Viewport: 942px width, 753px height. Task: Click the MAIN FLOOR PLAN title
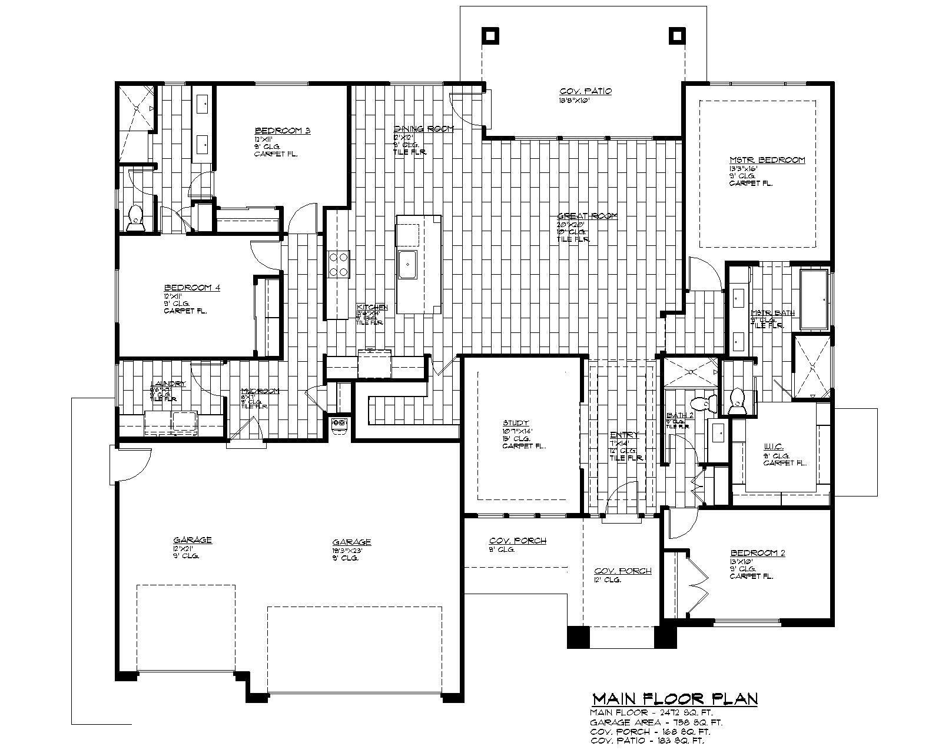[x=674, y=698]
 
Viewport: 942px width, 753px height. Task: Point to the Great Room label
[x=587, y=216]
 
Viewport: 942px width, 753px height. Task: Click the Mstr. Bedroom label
[x=767, y=159]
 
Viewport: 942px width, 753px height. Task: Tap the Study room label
[x=516, y=423]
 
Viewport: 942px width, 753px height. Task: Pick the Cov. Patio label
[x=585, y=91]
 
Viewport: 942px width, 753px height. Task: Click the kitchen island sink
[x=407, y=264]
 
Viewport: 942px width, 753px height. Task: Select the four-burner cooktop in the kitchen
[x=339, y=264]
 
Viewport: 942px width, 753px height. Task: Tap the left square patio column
[x=490, y=35]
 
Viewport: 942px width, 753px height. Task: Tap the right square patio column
[x=678, y=35]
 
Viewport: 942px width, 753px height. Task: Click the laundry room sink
[x=184, y=421]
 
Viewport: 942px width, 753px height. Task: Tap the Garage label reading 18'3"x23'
[x=351, y=542]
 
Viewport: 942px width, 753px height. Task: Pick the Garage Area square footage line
[x=656, y=722]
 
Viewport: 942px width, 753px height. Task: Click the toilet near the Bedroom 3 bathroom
[x=135, y=218]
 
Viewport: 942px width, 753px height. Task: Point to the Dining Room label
[x=423, y=128]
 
